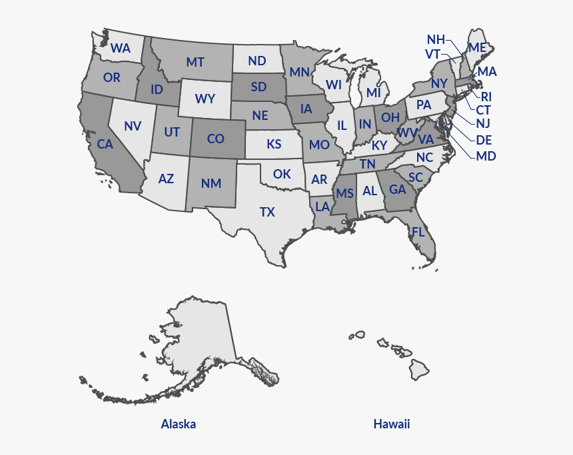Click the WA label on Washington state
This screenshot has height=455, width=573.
[121, 48]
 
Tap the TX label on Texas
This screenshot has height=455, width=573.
[267, 212]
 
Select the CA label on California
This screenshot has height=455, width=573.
[105, 144]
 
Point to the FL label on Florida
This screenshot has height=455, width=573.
[418, 232]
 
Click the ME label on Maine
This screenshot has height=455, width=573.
[477, 47]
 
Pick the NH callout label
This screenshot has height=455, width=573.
[436, 39]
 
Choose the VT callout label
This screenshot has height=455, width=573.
[432, 54]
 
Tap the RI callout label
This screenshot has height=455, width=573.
[486, 96]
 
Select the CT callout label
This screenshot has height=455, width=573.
[483, 109]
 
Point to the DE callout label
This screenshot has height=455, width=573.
[484, 140]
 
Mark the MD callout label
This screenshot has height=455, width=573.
[486, 156]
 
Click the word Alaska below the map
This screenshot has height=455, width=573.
[179, 424]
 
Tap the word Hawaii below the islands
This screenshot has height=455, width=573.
[392, 424]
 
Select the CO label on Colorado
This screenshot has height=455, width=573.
[215, 139]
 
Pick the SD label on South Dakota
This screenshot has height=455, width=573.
[259, 87]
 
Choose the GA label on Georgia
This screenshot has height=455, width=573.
[398, 189]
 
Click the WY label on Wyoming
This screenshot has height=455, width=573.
[205, 99]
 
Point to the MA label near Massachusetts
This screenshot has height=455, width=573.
[487, 71]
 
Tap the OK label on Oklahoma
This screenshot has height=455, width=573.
[282, 174]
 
